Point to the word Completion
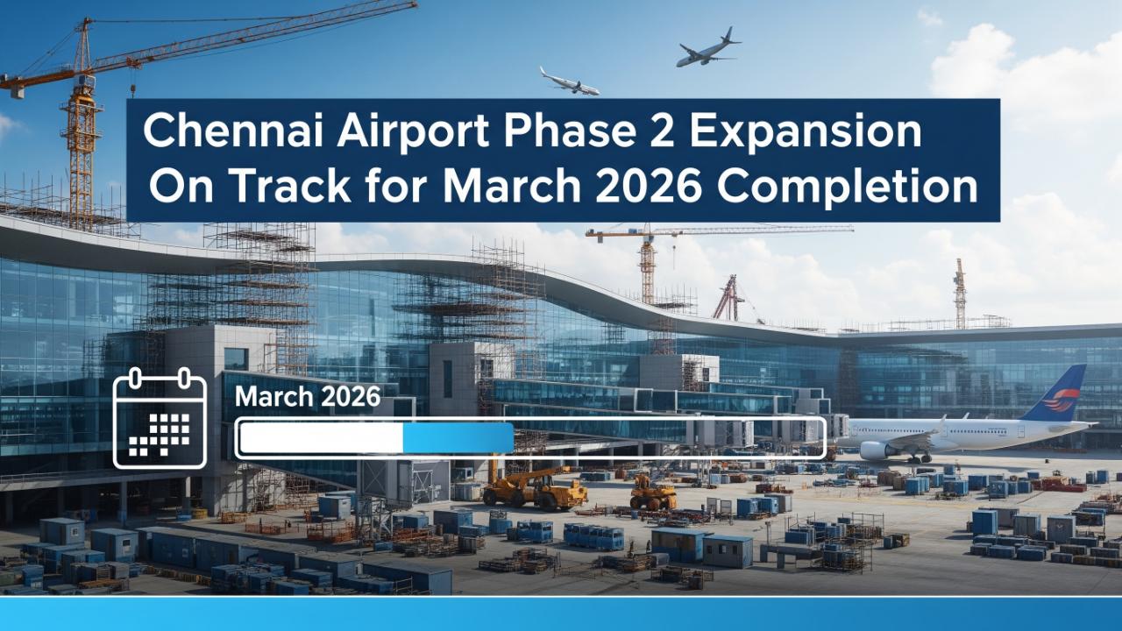(847, 188)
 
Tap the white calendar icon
(160, 418)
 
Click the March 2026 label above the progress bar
(308, 397)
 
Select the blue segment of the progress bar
(458, 437)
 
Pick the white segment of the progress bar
(322, 437)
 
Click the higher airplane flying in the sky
(707, 48)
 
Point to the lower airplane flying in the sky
(570, 82)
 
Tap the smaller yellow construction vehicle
(653, 493)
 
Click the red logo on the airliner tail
(1061, 400)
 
